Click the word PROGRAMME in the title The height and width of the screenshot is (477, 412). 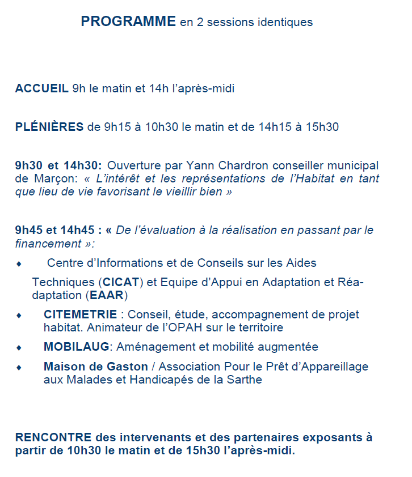coord(128,22)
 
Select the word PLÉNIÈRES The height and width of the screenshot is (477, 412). coord(49,127)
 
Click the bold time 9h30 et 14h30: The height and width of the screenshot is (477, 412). coord(58,165)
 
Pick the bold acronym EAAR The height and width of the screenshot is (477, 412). coord(107,295)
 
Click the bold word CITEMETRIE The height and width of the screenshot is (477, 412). coord(80,314)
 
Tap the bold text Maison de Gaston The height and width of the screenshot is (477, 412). coord(95,367)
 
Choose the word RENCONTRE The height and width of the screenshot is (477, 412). coord(53,438)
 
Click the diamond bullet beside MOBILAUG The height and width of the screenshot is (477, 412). coord(19,347)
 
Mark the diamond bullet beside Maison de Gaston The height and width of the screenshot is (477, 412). coord(19,367)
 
